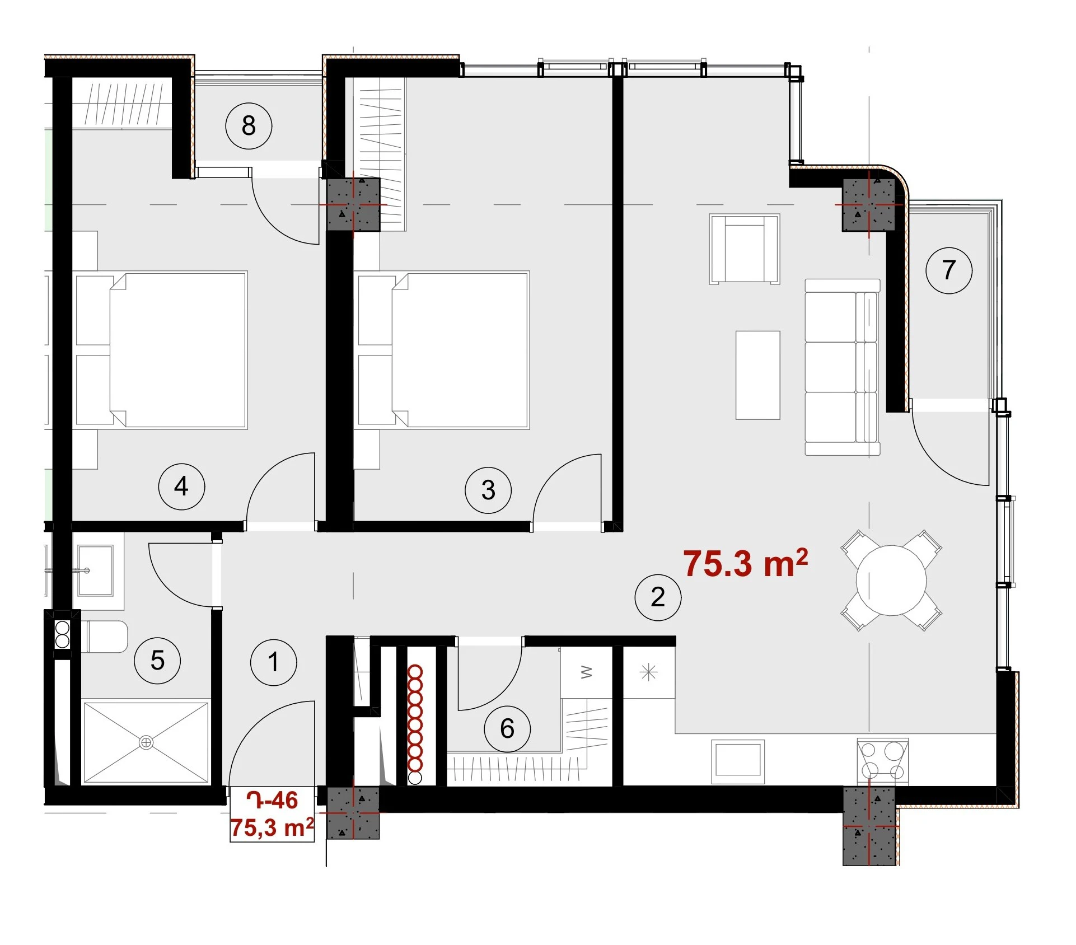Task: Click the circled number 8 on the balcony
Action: [x=249, y=125]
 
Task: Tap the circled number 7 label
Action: [x=949, y=270]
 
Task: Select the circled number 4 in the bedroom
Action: [x=181, y=486]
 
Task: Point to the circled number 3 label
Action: [x=488, y=490]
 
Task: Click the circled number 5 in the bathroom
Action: [x=157, y=661]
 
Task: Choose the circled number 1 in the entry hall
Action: [x=273, y=662]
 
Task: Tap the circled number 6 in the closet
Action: [x=507, y=728]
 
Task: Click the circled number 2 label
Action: [x=658, y=597]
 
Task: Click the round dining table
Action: [x=891, y=580]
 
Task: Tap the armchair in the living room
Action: [x=745, y=249]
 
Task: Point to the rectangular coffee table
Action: [x=757, y=375]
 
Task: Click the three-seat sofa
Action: [x=842, y=367]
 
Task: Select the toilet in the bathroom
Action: [x=105, y=637]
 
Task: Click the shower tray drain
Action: [x=146, y=743]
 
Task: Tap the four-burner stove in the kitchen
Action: [x=883, y=760]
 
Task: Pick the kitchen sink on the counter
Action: [x=738, y=761]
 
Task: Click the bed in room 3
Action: [x=442, y=350]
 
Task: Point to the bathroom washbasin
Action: [x=95, y=570]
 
